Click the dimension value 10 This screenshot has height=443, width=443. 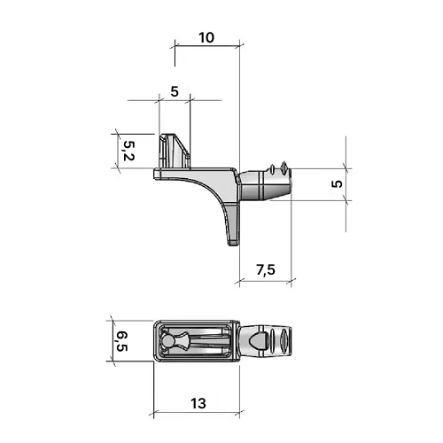pos(206,38)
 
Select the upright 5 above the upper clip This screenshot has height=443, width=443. pos(175,91)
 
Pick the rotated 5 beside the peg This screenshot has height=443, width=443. pos(337,183)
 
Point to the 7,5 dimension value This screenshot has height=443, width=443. pos(266,269)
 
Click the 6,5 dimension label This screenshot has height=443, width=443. pos(121,341)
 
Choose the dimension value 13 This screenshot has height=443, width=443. pos(198,403)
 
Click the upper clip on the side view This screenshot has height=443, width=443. pos(175,152)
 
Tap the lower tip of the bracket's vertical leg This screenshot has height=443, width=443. pos(233,245)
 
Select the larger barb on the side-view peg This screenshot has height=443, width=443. pos(284,167)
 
